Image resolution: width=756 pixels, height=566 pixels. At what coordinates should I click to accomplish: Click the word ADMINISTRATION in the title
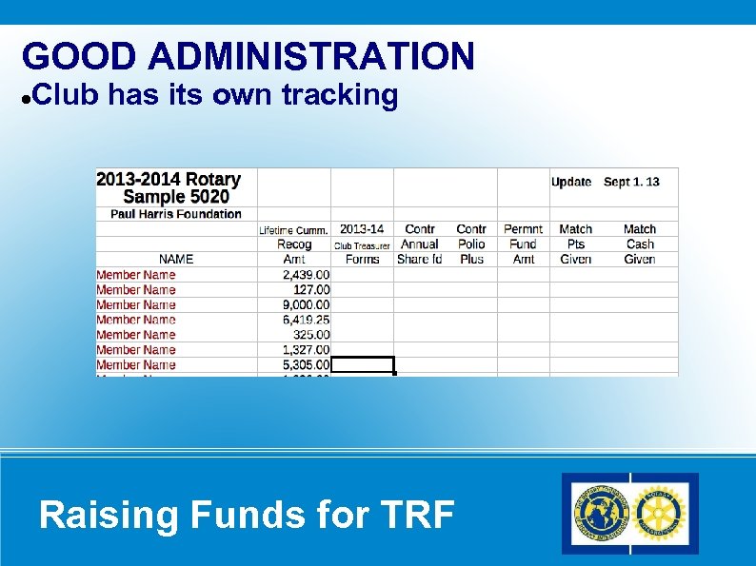point(311,56)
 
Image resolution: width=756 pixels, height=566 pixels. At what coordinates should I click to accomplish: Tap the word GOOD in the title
point(80,56)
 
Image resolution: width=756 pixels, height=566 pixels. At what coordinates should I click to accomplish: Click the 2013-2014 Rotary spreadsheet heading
point(169,179)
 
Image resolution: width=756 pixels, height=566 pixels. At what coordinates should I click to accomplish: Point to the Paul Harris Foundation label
point(176,214)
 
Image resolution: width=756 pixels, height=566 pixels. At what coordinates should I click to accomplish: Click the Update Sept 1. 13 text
point(605,182)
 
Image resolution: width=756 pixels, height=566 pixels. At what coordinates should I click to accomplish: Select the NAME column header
point(176,259)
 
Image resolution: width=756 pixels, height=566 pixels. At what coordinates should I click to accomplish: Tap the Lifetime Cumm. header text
point(294,230)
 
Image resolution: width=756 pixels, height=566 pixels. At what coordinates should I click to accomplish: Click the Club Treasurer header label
point(362,245)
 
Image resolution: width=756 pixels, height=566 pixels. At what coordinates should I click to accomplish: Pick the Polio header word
point(471,244)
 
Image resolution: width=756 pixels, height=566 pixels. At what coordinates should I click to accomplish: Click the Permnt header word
point(523,229)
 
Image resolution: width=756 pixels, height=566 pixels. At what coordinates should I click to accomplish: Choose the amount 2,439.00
point(307,275)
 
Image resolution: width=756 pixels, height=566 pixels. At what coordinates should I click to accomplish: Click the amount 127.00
point(312,289)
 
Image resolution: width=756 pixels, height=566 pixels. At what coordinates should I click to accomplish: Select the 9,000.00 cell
point(307,304)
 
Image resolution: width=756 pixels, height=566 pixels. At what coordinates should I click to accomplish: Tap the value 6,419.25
point(307,320)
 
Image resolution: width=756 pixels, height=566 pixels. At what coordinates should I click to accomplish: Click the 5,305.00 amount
point(307,364)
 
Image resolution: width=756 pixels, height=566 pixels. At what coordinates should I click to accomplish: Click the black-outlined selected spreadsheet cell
point(363,364)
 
